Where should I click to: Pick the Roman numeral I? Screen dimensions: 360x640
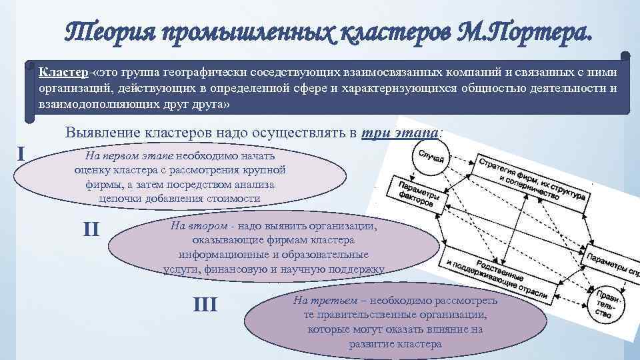[x=21, y=155]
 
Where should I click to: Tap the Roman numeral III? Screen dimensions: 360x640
[x=205, y=305]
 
